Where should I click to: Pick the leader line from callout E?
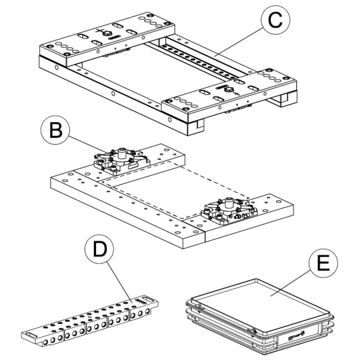[291, 279]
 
